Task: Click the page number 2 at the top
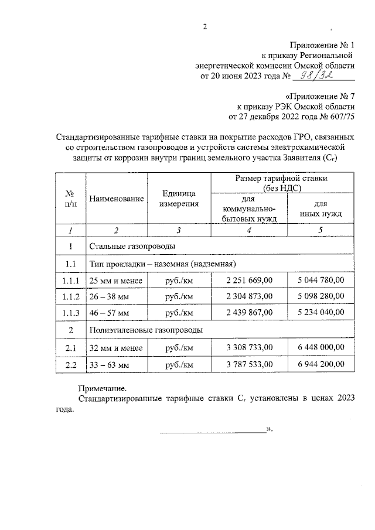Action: tap(204, 26)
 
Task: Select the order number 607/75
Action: tap(340, 117)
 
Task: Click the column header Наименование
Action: tap(116, 199)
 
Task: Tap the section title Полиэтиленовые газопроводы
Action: tap(145, 330)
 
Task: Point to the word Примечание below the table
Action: tap(103, 388)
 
